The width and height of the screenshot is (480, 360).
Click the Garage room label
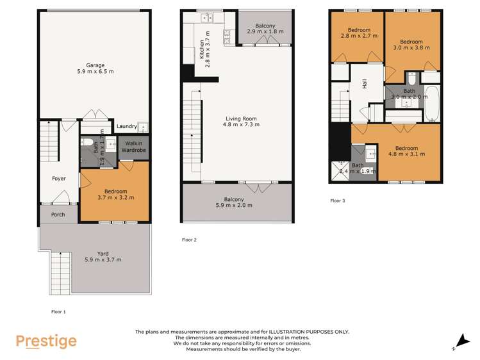click(95, 65)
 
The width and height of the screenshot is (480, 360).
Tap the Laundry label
click(126, 127)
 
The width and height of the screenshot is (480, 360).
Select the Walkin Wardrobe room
click(135, 147)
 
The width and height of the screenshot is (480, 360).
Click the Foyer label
click(59, 179)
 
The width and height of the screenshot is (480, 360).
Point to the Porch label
click(59, 215)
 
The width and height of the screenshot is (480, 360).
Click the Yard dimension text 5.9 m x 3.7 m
click(103, 259)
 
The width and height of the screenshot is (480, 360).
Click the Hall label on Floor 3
click(365, 83)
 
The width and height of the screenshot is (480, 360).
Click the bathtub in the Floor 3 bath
click(432, 106)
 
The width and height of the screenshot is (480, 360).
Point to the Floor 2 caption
click(190, 240)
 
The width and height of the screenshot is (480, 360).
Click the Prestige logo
click(46, 341)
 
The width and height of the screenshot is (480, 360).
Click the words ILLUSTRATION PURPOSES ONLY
click(301, 332)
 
